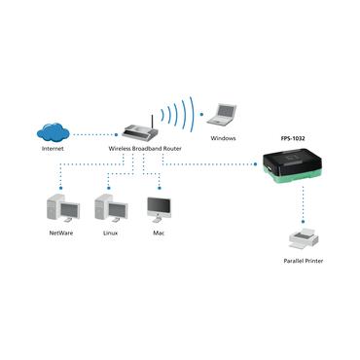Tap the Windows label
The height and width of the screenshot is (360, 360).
(x=223, y=138)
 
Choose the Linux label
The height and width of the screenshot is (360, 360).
(x=110, y=234)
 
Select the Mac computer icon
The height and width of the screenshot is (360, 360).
(x=157, y=208)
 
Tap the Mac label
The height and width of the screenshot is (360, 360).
(x=158, y=234)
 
